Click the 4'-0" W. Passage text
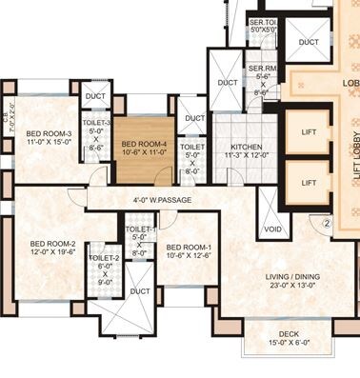tap(164, 200)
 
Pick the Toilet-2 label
tap(104, 258)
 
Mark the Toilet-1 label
tap(140, 229)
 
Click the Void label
tap(272, 229)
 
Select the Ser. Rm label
tap(262, 69)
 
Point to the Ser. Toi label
tap(261, 21)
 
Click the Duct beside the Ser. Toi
tap(308, 42)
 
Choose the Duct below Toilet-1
tap(140, 291)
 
